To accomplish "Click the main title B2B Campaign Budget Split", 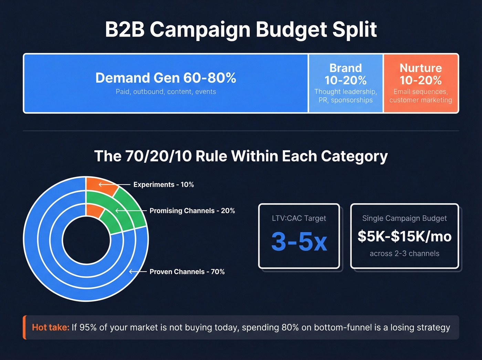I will pyautogui.click(x=241, y=29).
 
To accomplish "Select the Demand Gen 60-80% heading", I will pyautogui.click(x=166, y=78).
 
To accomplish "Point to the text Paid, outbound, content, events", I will pyautogui.click(x=166, y=92).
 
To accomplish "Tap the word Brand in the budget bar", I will pyautogui.click(x=345, y=68).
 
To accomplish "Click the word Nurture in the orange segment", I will pyautogui.click(x=420, y=68).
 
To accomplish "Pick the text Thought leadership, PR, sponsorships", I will pyautogui.click(x=345, y=96).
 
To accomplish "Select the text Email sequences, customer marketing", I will pyautogui.click(x=420, y=96).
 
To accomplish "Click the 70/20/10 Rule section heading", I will pyautogui.click(x=241, y=156).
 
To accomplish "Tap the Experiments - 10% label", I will pyautogui.click(x=164, y=185).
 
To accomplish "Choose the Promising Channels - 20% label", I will pyautogui.click(x=192, y=211).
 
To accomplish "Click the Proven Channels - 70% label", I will pyautogui.click(x=187, y=272).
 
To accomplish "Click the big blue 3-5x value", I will pyautogui.click(x=299, y=241).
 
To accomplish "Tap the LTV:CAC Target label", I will pyautogui.click(x=299, y=218).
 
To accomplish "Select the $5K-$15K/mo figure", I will pyautogui.click(x=404, y=237).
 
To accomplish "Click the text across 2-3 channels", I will pyautogui.click(x=404, y=254).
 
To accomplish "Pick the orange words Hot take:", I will pyautogui.click(x=51, y=327).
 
